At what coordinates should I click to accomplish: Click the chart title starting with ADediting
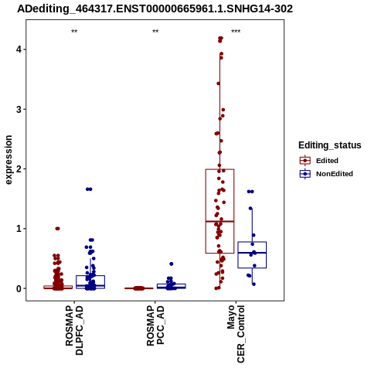click(155, 9)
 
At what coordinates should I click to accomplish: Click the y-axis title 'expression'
click(9, 160)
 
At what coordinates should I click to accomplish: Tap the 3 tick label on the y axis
click(19, 109)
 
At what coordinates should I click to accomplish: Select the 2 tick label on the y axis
click(19, 169)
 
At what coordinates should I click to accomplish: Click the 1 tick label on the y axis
click(19, 229)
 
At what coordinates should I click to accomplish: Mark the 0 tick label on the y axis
click(19, 289)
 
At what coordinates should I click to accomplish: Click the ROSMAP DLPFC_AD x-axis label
click(74, 330)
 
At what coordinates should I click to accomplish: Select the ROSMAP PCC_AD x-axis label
click(155, 325)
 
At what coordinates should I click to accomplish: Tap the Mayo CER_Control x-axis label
click(236, 334)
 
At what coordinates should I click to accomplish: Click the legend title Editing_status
click(330, 145)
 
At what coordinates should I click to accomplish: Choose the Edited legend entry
click(319, 161)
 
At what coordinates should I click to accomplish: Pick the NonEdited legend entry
click(326, 174)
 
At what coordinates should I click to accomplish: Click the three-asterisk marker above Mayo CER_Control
click(236, 32)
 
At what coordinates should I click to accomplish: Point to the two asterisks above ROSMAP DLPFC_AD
click(74, 32)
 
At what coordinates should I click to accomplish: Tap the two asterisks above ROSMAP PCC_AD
click(155, 32)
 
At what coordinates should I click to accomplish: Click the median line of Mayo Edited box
click(220, 221)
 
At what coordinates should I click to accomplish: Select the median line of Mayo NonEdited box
click(252, 253)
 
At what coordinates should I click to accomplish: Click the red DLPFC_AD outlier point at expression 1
click(57, 229)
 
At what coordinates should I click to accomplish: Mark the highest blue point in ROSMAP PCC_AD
click(172, 264)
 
